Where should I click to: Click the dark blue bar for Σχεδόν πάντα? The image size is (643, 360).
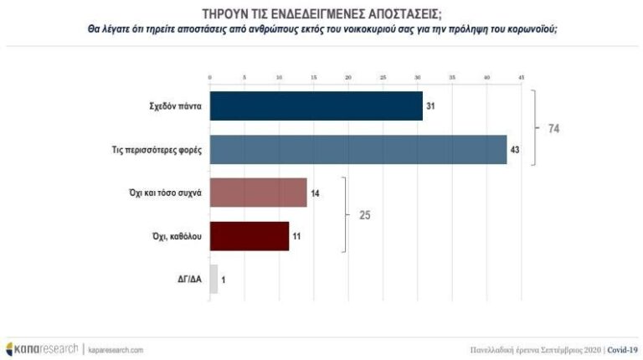point(316,106)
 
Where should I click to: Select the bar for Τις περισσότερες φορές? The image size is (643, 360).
point(358,149)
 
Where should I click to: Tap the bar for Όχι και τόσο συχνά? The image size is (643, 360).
point(258,193)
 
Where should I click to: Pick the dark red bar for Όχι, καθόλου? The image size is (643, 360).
point(249,235)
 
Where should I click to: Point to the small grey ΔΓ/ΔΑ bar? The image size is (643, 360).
point(213,279)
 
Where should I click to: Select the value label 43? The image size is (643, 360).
point(516,149)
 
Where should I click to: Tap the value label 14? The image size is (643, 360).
point(316,193)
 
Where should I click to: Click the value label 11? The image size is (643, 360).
point(296,236)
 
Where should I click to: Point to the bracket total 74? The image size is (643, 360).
point(553,129)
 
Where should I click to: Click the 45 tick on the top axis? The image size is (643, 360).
point(521,78)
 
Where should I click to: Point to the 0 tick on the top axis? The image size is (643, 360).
point(209,78)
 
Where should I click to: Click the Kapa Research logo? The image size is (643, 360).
point(42,348)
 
